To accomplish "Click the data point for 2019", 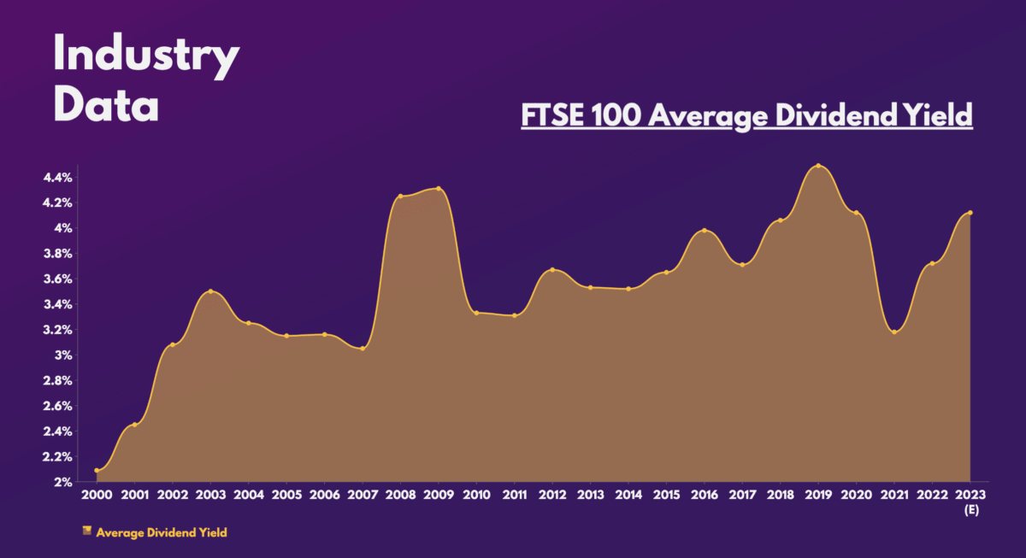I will point(818,166).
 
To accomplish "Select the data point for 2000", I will point(97,471).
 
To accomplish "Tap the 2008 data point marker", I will point(400,197).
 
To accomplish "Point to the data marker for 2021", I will point(894,332).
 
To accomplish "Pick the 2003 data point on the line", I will point(210,291).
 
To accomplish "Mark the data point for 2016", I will point(705,231).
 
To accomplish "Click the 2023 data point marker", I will point(970,213).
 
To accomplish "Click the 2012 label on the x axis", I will point(552,495).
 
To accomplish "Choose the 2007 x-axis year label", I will point(363,495).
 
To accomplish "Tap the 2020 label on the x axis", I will point(857,495).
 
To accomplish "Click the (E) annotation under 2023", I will point(970,509).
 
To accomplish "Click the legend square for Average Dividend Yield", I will point(86,532).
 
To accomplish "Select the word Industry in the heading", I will point(146,57).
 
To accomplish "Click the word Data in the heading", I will point(106,105).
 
